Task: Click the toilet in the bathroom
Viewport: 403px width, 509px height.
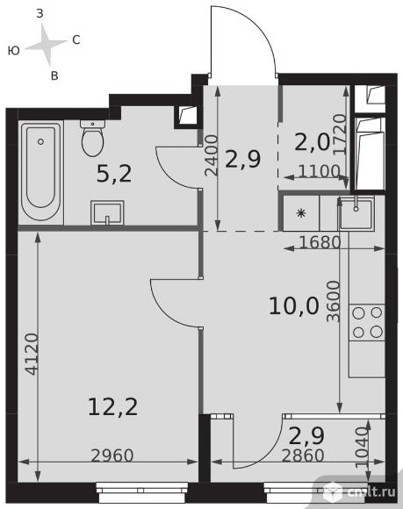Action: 92,138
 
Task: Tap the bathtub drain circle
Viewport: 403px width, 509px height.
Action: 40,141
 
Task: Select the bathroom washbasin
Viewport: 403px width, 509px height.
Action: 107,212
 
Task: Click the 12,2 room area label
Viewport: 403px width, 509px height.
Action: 112,407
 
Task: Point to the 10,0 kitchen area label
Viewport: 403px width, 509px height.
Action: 294,306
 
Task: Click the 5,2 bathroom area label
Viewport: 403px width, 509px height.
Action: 114,174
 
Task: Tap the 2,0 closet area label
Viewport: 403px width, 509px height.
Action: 312,142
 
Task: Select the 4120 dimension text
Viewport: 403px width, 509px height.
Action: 32,354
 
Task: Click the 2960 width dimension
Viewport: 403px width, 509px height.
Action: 112,455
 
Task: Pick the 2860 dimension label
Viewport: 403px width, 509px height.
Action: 303,455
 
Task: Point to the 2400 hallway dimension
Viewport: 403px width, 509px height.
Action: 211,155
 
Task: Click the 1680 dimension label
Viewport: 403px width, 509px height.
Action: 320,242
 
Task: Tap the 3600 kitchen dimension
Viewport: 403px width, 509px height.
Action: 334,301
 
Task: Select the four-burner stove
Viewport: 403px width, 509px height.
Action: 367,322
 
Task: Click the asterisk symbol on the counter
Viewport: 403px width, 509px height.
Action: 301,213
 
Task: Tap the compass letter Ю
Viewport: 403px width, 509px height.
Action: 14,51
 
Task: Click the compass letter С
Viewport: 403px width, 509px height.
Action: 76,39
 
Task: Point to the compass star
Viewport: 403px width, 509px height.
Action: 47,45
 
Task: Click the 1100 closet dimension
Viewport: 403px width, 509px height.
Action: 319,171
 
